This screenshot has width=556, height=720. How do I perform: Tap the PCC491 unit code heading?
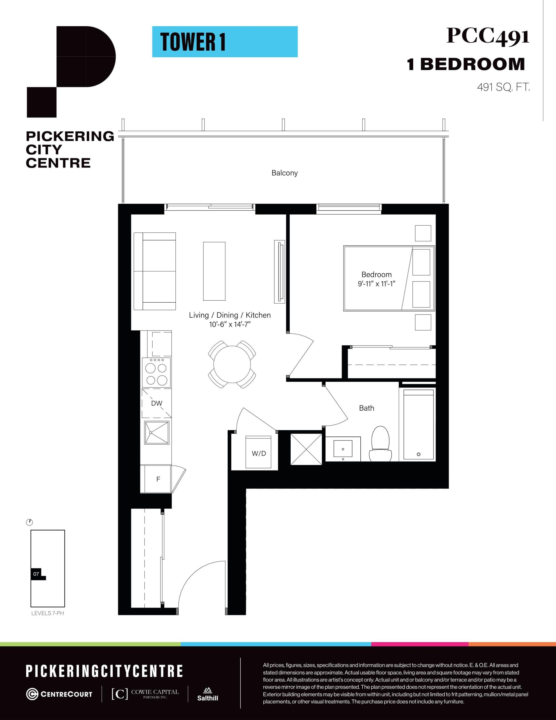pos(487,36)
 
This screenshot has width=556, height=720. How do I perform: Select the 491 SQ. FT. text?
pos(503,87)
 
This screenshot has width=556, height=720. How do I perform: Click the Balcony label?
pos(284,173)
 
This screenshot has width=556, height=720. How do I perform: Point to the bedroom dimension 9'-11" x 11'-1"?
pos(376,283)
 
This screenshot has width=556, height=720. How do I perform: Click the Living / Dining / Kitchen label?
pos(230,315)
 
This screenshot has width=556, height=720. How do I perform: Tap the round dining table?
pos(232,364)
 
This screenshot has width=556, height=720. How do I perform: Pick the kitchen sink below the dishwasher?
pos(157,433)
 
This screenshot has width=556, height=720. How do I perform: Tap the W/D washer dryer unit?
pos(258,453)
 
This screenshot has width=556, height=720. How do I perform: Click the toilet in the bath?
pos(380,444)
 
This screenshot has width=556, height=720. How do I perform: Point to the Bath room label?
pos(367,408)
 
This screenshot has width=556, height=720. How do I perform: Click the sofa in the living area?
pos(155,271)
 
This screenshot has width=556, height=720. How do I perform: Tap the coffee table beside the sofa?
pos(214,271)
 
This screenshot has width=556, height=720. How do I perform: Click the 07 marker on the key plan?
pos(36,574)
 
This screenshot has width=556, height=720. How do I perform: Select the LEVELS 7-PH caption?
pos(48,613)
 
